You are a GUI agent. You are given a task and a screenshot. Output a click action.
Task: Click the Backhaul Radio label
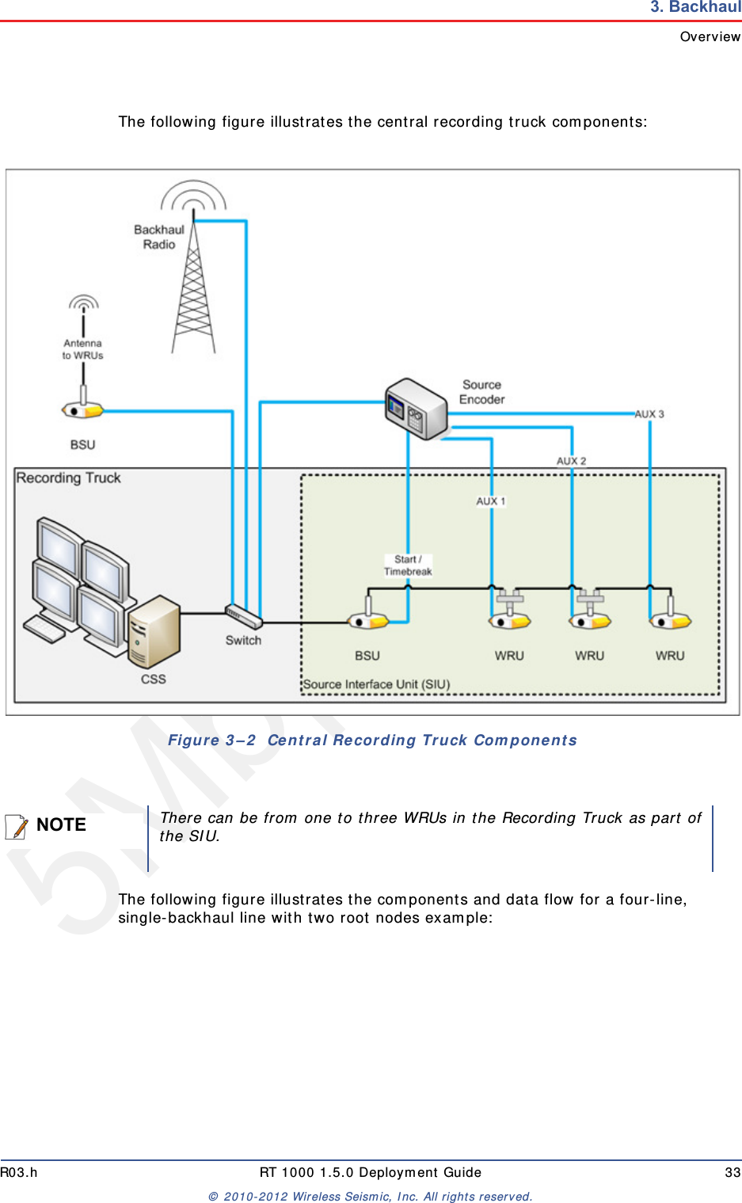click(158, 237)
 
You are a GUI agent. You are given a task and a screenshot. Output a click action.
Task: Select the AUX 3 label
click(649, 414)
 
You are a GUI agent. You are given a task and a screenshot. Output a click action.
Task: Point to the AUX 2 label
click(571, 461)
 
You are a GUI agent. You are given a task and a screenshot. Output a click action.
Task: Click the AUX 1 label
click(490, 501)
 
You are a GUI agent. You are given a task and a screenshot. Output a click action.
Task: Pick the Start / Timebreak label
click(408, 565)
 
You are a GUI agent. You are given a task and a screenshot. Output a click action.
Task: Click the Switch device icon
click(243, 616)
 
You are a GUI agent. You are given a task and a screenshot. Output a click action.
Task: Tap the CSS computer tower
click(154, 632)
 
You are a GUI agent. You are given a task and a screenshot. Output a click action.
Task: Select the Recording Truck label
click(69, 478)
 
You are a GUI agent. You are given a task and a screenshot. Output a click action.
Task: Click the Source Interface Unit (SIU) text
click(377, 684)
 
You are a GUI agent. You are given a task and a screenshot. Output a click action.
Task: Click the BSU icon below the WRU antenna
click(83, 409)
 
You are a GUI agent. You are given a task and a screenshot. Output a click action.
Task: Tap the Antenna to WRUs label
click(83, 349)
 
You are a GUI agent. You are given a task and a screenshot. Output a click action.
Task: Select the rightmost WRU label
click(669, 656)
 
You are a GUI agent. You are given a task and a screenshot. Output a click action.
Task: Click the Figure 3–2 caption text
click(372, 740)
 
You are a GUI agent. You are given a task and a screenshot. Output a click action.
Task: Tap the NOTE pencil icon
click(17, 826)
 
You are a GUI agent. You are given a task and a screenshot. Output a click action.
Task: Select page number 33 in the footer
click(732, 1172)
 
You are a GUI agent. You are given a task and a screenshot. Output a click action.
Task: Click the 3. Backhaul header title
click(695, 7)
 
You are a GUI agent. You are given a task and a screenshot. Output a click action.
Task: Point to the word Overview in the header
click(710, 36)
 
